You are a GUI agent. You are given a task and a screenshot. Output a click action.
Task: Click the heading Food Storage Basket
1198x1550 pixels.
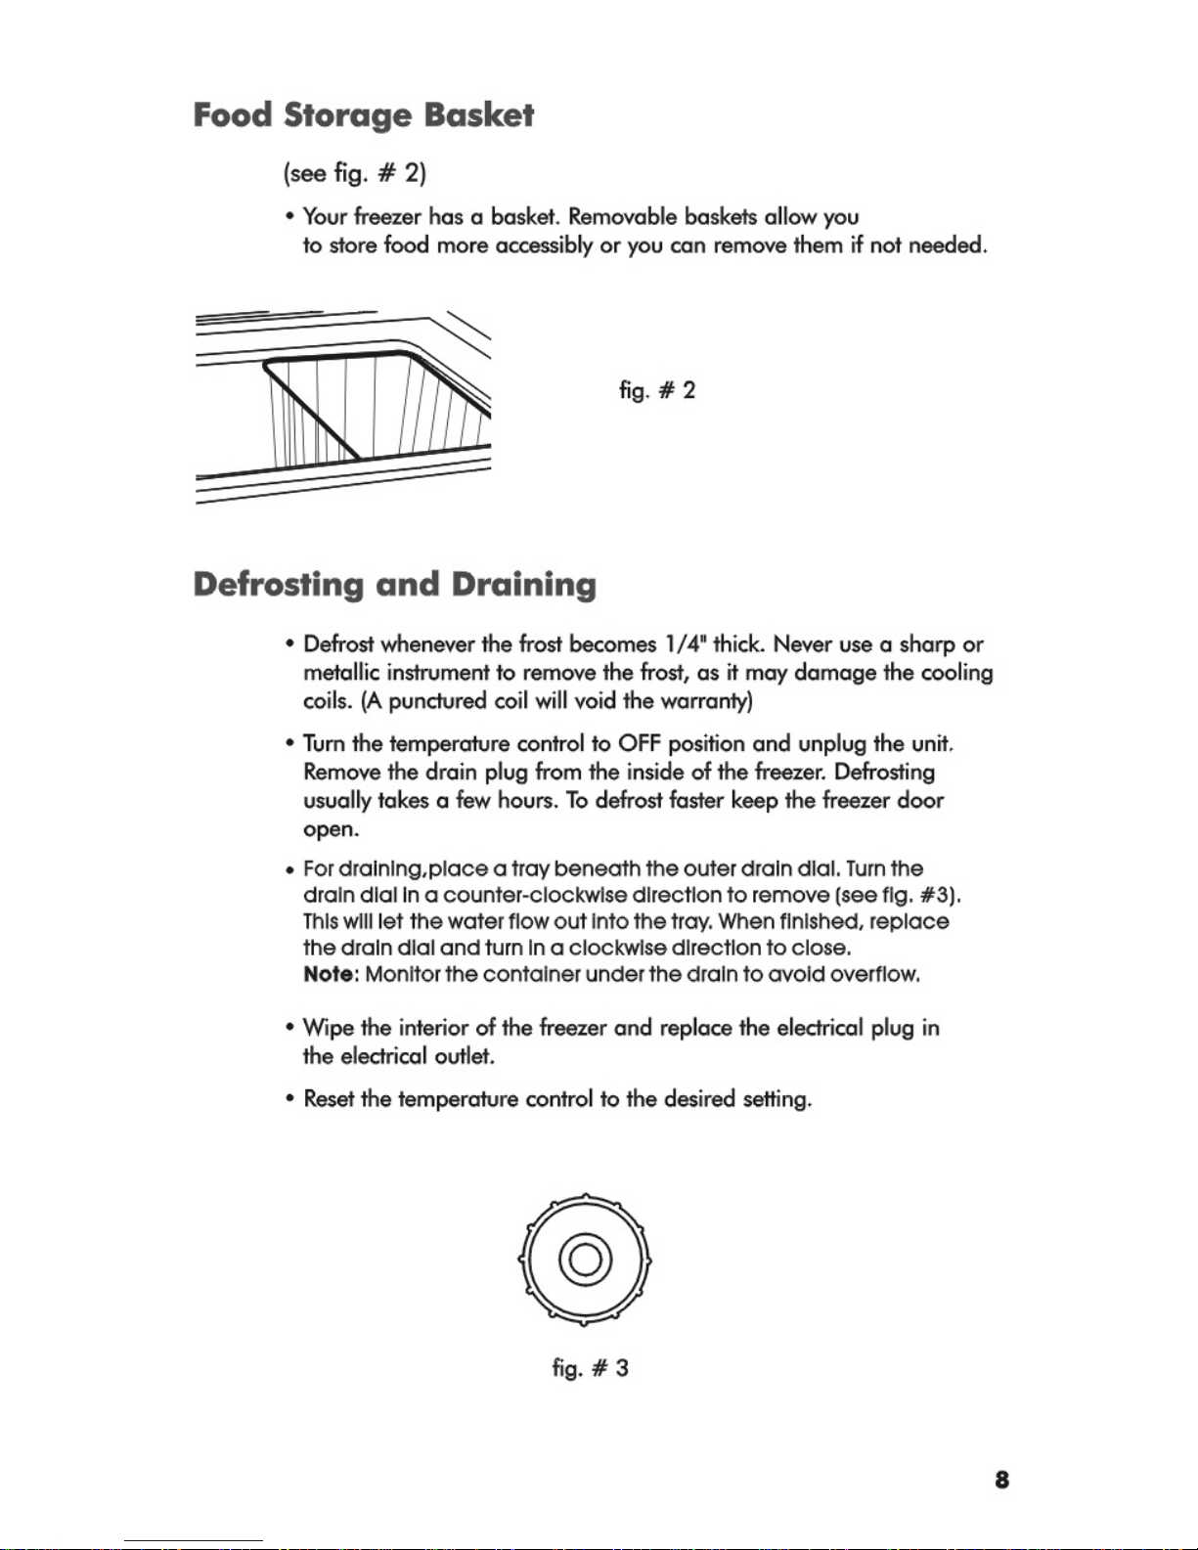363,115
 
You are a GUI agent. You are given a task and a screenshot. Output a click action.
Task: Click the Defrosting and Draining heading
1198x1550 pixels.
394,585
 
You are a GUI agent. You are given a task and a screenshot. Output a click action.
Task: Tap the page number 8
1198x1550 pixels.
1001,1480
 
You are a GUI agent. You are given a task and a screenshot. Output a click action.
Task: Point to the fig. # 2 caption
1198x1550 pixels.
657,391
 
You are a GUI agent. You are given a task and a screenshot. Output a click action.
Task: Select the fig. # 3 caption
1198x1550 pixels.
590,1368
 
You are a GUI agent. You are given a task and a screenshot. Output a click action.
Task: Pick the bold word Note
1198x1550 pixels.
329,974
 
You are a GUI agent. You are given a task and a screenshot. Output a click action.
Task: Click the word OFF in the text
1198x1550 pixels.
640,744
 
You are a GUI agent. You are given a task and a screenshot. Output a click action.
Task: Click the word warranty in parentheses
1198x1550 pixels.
703,701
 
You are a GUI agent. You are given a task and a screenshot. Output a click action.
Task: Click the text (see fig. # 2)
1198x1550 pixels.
354,173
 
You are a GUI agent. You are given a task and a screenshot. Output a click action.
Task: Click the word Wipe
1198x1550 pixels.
328,1028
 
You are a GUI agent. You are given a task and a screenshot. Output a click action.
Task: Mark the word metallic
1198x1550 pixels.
341,673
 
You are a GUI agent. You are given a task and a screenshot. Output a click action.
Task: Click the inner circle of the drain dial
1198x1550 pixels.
585,1259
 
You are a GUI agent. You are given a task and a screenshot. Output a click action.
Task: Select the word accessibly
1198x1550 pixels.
544,244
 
